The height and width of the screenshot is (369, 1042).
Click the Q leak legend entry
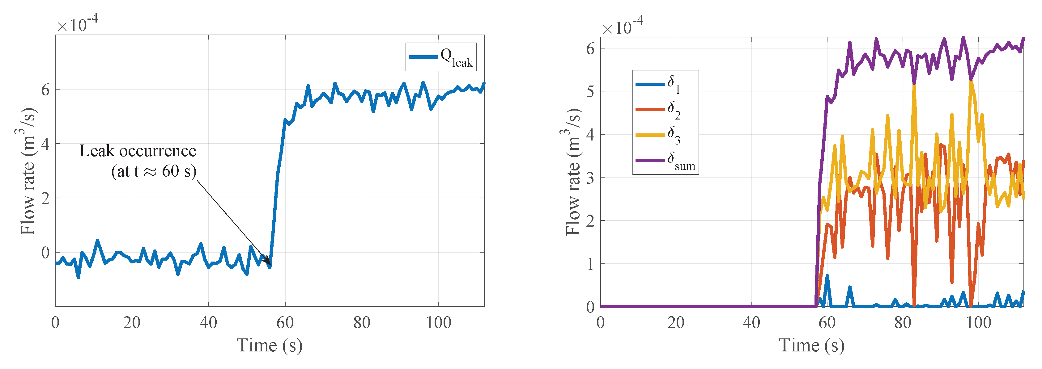[441, 57]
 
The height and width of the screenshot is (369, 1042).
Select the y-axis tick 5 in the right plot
[590, 91]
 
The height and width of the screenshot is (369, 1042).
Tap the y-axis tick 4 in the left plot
[45, 144]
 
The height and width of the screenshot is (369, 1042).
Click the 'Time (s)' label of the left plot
[270, 346]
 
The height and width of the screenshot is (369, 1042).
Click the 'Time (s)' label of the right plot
[811, 346]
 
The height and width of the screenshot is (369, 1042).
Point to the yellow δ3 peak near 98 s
[971, 82]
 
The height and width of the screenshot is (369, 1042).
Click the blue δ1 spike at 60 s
[827, 276]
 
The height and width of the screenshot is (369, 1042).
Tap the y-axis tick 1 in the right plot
[590, 264]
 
